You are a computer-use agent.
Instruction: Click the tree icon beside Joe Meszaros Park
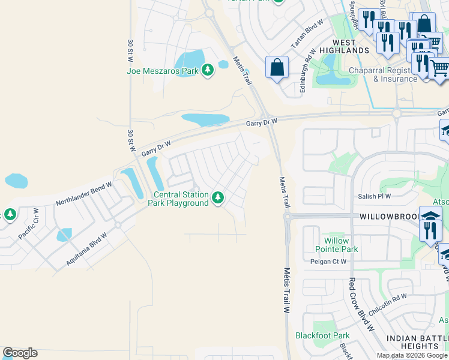tap(208, 71)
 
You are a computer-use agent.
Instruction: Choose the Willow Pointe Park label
tap(336, 245)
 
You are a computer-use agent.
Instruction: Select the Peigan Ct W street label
tap(328, 262)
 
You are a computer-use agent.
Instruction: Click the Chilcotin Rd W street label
tap(387, 304)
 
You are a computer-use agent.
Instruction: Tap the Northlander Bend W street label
tap(84, 194)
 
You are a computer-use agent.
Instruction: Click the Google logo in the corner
tap(20, 353)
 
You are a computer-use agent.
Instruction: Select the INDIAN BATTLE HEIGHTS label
tap(417, 343)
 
